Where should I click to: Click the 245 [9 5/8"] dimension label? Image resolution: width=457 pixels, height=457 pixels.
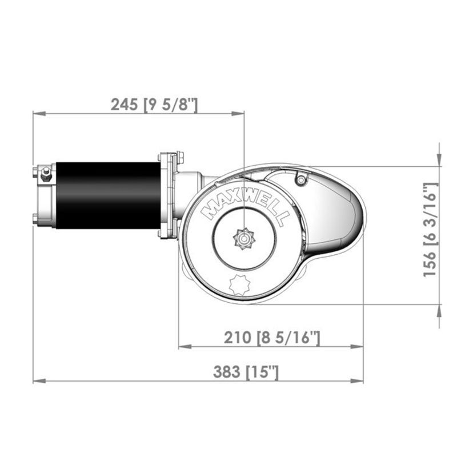154,105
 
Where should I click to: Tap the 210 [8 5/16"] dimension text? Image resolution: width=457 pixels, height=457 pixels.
272,338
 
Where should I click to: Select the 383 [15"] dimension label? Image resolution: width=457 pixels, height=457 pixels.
246,372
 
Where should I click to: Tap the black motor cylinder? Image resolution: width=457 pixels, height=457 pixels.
108,195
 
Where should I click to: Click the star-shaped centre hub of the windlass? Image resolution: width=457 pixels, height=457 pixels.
244,239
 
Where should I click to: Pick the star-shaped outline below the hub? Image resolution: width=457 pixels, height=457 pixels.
239,284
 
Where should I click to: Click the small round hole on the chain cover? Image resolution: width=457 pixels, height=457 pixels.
301,181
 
